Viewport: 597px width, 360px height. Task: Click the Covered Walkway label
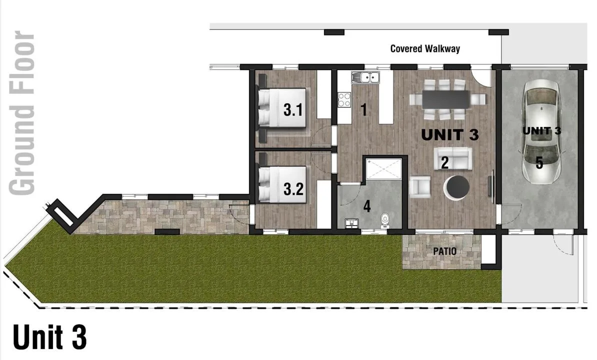[425, 48]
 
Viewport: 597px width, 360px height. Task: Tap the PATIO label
[444, 251]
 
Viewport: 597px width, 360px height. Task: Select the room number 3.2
[293, 189]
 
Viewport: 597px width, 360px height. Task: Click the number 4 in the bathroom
[366, 206]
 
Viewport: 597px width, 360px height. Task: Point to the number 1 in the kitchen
[364, 109]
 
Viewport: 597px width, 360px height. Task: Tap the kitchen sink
[365, 77]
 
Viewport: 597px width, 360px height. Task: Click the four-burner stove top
[344, 99]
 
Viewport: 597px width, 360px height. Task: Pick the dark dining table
[445, 99]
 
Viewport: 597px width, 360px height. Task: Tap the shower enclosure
[384, 169]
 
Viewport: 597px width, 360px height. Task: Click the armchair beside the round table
[420, 187]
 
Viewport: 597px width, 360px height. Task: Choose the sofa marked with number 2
[453, 158]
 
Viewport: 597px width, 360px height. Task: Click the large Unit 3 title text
[50, 337]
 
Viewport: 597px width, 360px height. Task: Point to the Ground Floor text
[22, 112]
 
